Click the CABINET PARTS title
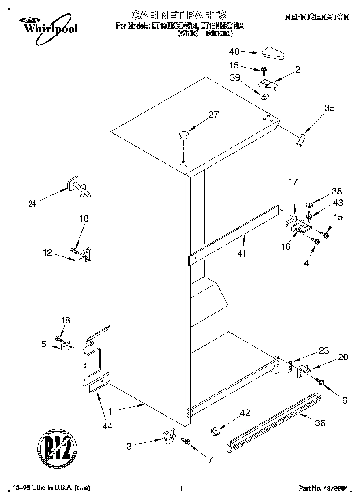tap(178, 15)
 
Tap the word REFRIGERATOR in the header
tap(317, 17)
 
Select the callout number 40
tap(234, 51)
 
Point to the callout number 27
tap(214, 115)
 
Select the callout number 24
tap(32, 204)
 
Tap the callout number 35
tap(330, 108)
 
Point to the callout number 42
tap(245, 413)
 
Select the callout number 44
tap(107, 426)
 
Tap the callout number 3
tap(129, 447)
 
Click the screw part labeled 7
tap(186, 440)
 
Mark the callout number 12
tap(47, 252)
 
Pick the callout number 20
tap(343, 357)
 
